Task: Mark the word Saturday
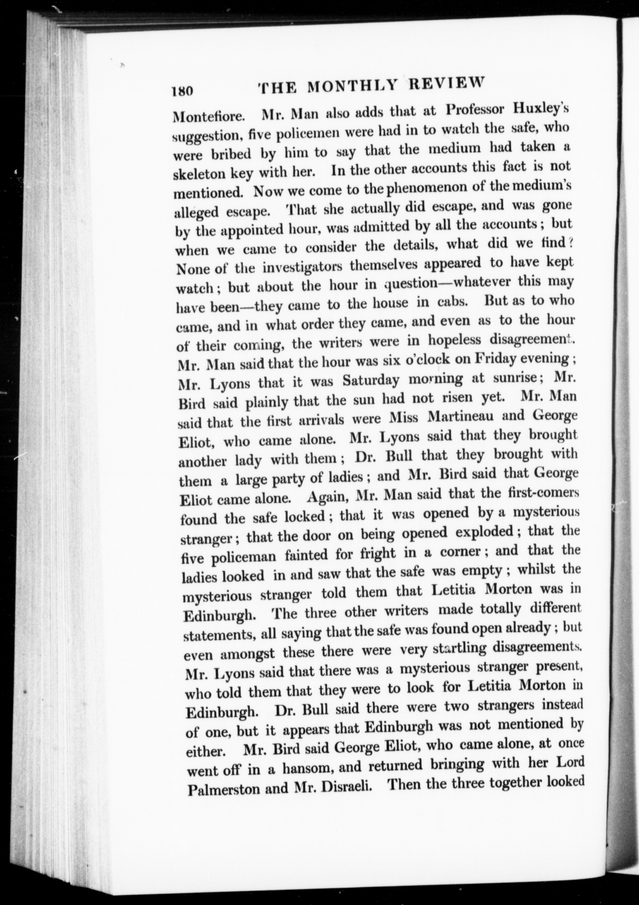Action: (371, 380)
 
